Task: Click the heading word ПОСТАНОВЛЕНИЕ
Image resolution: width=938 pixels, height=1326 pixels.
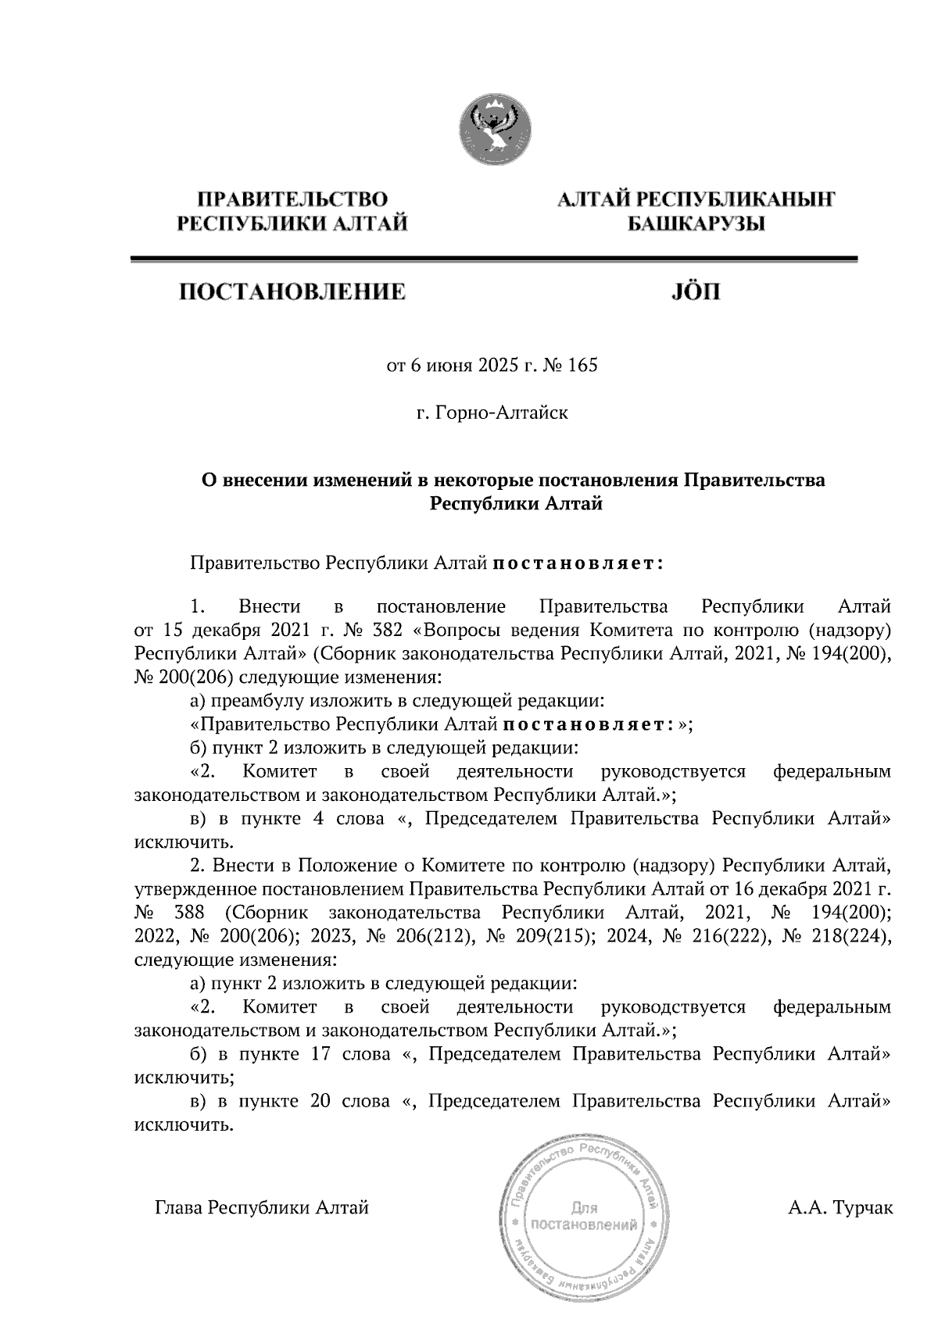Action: click(x=293, y=293)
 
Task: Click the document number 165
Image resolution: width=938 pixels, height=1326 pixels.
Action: click(x=583, y=365)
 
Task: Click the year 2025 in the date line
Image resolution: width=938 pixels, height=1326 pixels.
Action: click(x=496, y=365)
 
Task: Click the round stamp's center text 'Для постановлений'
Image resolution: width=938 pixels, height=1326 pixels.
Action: click(x=585, y=1216)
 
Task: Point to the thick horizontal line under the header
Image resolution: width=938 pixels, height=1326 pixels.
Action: click(x=493, y=259)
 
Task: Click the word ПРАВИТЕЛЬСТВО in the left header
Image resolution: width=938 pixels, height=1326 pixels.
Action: click(x=293, y=200)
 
